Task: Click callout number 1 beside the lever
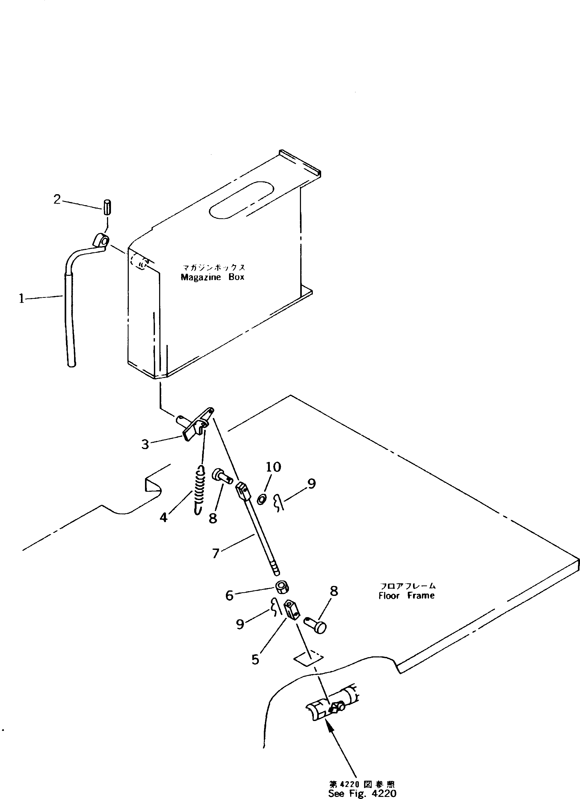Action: pyautogui.click(x=21, y=299)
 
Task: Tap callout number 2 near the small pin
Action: pyautogui.click(x=57, y=200)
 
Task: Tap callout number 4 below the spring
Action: pyautogui.click(x=164, y=517)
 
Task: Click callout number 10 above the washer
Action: pyautogui.click(x=274, y=467)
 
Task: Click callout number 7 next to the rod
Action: pyautogui.click(x=216, y=554)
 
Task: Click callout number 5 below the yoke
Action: pyautogui.click(x=255, y=659)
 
